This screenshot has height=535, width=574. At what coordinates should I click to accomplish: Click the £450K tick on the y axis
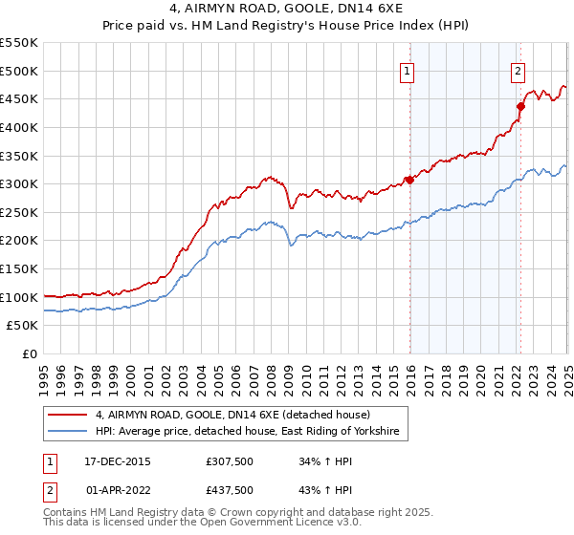19,98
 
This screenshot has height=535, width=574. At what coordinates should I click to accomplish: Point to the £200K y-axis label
19,241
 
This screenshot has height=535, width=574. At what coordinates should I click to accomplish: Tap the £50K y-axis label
23,326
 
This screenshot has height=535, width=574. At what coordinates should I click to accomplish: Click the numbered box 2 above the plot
518,70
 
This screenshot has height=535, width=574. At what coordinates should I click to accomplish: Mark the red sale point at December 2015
409,180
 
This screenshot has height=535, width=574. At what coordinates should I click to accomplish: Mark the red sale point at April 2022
520,106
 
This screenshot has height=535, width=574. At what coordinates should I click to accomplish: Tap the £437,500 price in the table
230,490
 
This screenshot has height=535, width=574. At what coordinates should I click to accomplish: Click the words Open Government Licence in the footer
273,524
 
